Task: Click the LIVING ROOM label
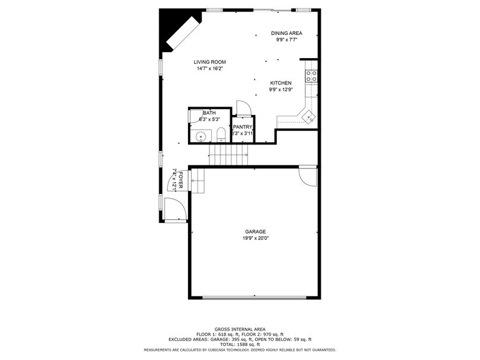pyautogui.click(x=210, y=62)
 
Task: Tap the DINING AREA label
pyautogui.click(x=287, y=33)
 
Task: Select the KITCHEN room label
pyautogui.click(x=280, y=83)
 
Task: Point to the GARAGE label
pyautogui.click(x=255, y=231)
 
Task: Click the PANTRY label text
pyautogui.click(x=242, y=127)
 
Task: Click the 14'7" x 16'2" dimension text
pyautogui.click(x=210, y=69)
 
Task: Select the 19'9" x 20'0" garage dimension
pyautogui.click(x=255, y=238)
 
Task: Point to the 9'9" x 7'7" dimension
pyautogui.click(x=287, y=40)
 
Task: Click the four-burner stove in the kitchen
pyautogui.click(x=311, y=76)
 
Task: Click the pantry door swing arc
pyautogui.click(x=243, y=108)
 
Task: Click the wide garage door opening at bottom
pyautogui.click(x=255, y=298)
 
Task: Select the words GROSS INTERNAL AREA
pyautogui.click(x=239, y=328)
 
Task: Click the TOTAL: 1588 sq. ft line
pyautogui.click(x=239, y=344)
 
